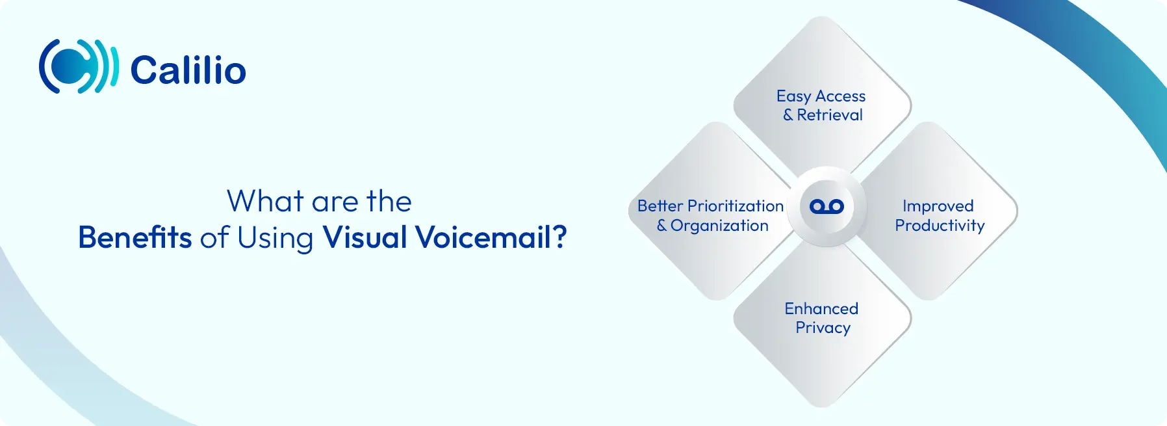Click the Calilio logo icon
point(79,66)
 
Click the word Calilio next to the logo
point(188,70)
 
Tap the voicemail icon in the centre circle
point(827,207)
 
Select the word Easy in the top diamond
point(793,96)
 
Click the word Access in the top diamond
point(840,96)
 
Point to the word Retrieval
point(830,115)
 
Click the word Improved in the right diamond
point(938,206)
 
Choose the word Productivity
point(940,226)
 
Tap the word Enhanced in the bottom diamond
point(821,308)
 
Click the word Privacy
point(823,328)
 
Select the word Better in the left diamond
point(660,206)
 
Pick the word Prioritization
point(736,206)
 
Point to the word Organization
point(719,226)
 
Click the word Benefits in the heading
point(135,237)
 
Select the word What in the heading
point(265,201)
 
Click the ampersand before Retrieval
point(788,115)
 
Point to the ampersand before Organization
point(661,226)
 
